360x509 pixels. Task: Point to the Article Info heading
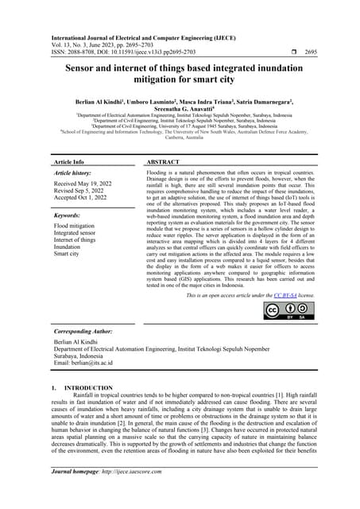[72, 161]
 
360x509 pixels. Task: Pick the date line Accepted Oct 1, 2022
[84, 199]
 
